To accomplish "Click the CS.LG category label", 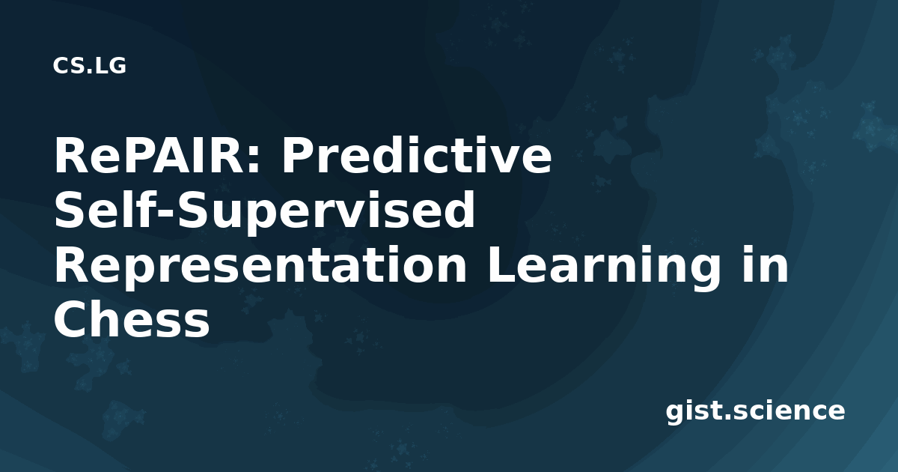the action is coord(90,66).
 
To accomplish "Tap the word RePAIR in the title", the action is coord(150,155).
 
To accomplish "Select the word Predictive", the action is coord(417,155).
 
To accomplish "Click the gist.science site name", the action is coord(755,411).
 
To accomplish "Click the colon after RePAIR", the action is coord(254,160).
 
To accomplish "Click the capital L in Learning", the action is coord(501,264).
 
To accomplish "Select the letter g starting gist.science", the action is coord(674,414).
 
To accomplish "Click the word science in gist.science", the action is coord(789,411).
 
